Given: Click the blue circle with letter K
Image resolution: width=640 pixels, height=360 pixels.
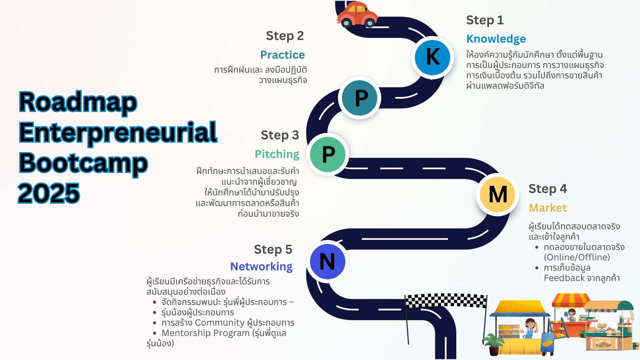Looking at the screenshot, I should [x=432, y=57].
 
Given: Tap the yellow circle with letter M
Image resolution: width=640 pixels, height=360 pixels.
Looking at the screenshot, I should [x=498, y=194].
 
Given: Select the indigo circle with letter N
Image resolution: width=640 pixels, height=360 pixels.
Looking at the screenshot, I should [x=327, y=262].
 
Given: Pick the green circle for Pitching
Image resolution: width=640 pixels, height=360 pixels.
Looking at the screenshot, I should [x=328, y=154].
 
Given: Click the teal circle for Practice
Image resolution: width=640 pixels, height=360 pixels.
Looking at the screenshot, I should [x=360, y=98].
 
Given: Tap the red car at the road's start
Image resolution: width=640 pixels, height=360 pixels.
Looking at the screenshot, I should [x=357, y=14].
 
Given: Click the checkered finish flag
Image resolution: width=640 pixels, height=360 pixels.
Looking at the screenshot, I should [x=445, y=300].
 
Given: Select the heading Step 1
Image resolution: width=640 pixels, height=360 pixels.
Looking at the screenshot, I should [x=485, y=20].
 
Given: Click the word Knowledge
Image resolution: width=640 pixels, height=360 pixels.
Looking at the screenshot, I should [x=496, y=39].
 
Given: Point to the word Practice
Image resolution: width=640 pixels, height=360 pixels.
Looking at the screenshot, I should [x=282, y=55].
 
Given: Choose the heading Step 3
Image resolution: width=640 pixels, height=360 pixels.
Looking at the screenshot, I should [x=280, y=135].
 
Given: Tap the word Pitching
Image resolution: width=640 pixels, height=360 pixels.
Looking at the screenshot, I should [x=277, y=154].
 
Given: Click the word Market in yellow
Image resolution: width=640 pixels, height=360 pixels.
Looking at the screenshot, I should [x=548, y=208].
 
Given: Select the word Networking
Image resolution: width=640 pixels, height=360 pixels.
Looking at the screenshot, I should [x=261, y=266].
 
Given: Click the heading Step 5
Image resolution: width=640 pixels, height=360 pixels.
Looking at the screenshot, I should [x=273, y=249].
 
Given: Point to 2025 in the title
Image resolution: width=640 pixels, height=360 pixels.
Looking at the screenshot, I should [x=49, y=193].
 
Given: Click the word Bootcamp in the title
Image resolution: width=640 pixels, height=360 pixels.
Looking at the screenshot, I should [x=83, y=163].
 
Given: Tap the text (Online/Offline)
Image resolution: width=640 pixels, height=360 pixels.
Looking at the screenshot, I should [x=577, y=257].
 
